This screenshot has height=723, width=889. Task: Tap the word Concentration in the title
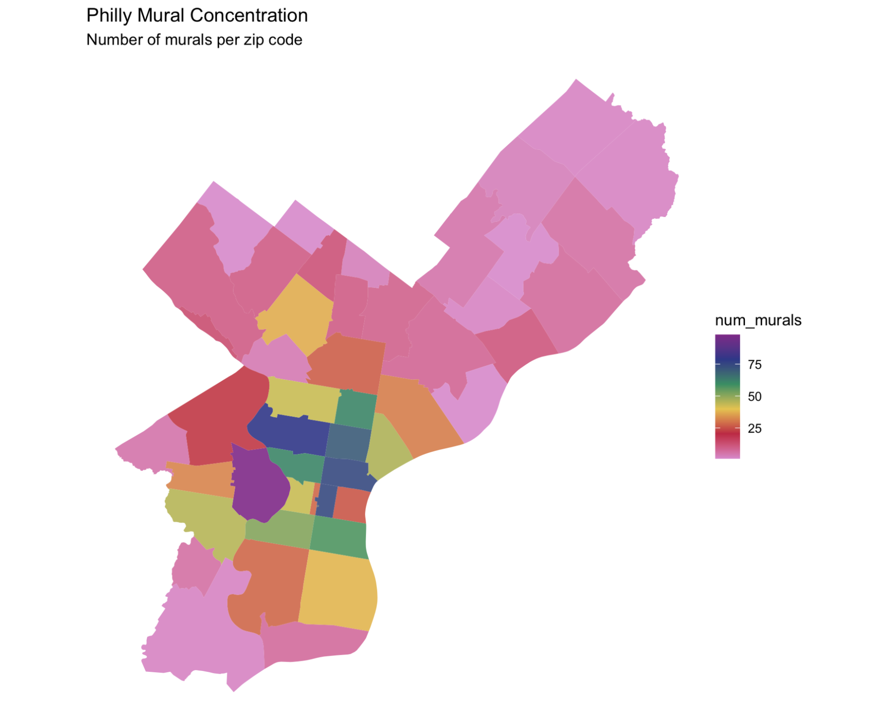[x=249, y=16]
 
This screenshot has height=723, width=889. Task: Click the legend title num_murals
[x=758, y=320]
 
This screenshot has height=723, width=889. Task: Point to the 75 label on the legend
[x=755, y=365]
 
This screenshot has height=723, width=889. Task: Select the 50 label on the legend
[x=755, y=397]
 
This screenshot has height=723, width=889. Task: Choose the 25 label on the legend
[x=755, y=429]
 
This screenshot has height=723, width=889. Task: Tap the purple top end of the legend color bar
[x=727, y=341]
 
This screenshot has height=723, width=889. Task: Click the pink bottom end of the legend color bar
[x=727, y=454]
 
